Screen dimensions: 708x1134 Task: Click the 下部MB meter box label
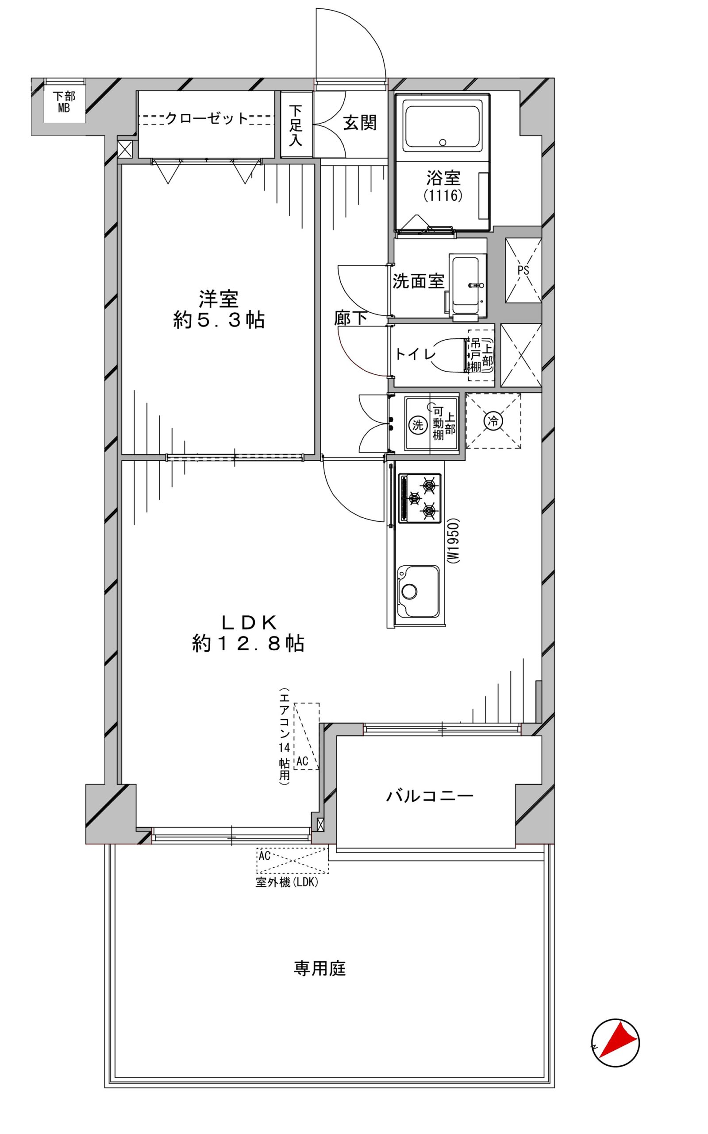coord(64,102)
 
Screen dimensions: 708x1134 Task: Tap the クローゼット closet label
coord(207,119)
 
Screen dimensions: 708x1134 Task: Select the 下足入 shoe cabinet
coord(296,124)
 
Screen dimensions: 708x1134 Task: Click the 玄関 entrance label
coord(360,123)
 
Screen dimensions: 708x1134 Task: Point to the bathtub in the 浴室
coord(442,128)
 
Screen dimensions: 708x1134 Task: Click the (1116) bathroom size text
coord(443,195)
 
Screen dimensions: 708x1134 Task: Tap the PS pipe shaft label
coord(523,270)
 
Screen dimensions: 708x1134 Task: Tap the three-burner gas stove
coord(419,498)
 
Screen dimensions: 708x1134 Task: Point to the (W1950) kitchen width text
coord(453,541)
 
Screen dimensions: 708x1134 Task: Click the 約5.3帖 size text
coord(219,321)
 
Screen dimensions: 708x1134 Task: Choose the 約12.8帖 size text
coord(248,644)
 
